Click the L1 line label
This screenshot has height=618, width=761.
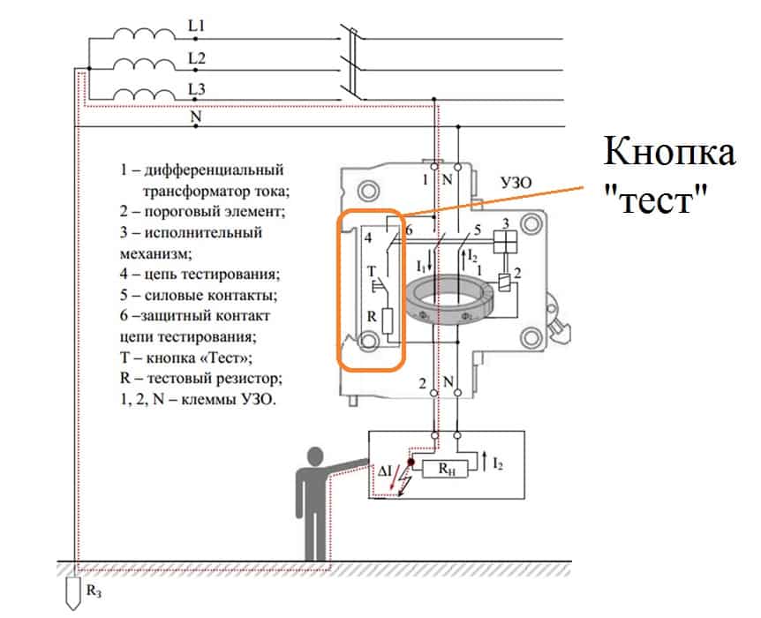(x=196, y=27)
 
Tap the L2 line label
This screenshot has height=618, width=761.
(x=196, y=58)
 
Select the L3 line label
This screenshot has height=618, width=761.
(x=196, y=88)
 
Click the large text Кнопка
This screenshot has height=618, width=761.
(x=669, y=153)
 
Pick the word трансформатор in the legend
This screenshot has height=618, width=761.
(x=185, y=188)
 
